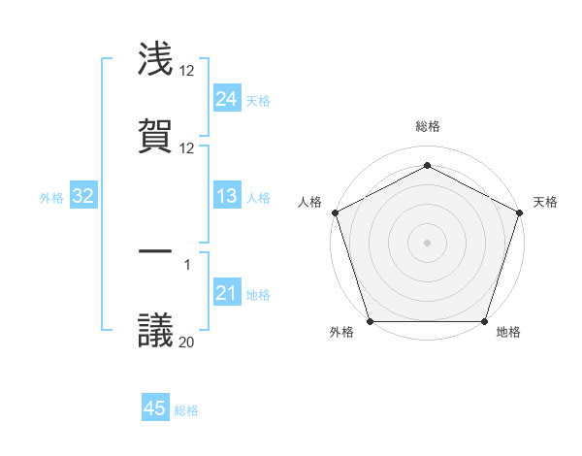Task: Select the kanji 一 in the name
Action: point(156,252)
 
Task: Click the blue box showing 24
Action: point(227,98)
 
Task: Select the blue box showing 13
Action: point(227,196)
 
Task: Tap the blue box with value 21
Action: point(227,293)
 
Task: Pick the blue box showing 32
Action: point(83,196)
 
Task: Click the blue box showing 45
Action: point(155,408)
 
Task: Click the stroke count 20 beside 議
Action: point(187,341)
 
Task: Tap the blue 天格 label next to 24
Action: point(258,100)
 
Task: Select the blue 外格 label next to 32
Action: point(51,197)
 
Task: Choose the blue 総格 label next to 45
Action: point(186,410)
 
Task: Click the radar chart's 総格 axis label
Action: point(428,126)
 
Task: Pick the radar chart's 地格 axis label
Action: point(508,333)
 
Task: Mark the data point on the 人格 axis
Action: point(335,212)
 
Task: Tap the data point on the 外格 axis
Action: point(371,321)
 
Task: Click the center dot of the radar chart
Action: point(428,243)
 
